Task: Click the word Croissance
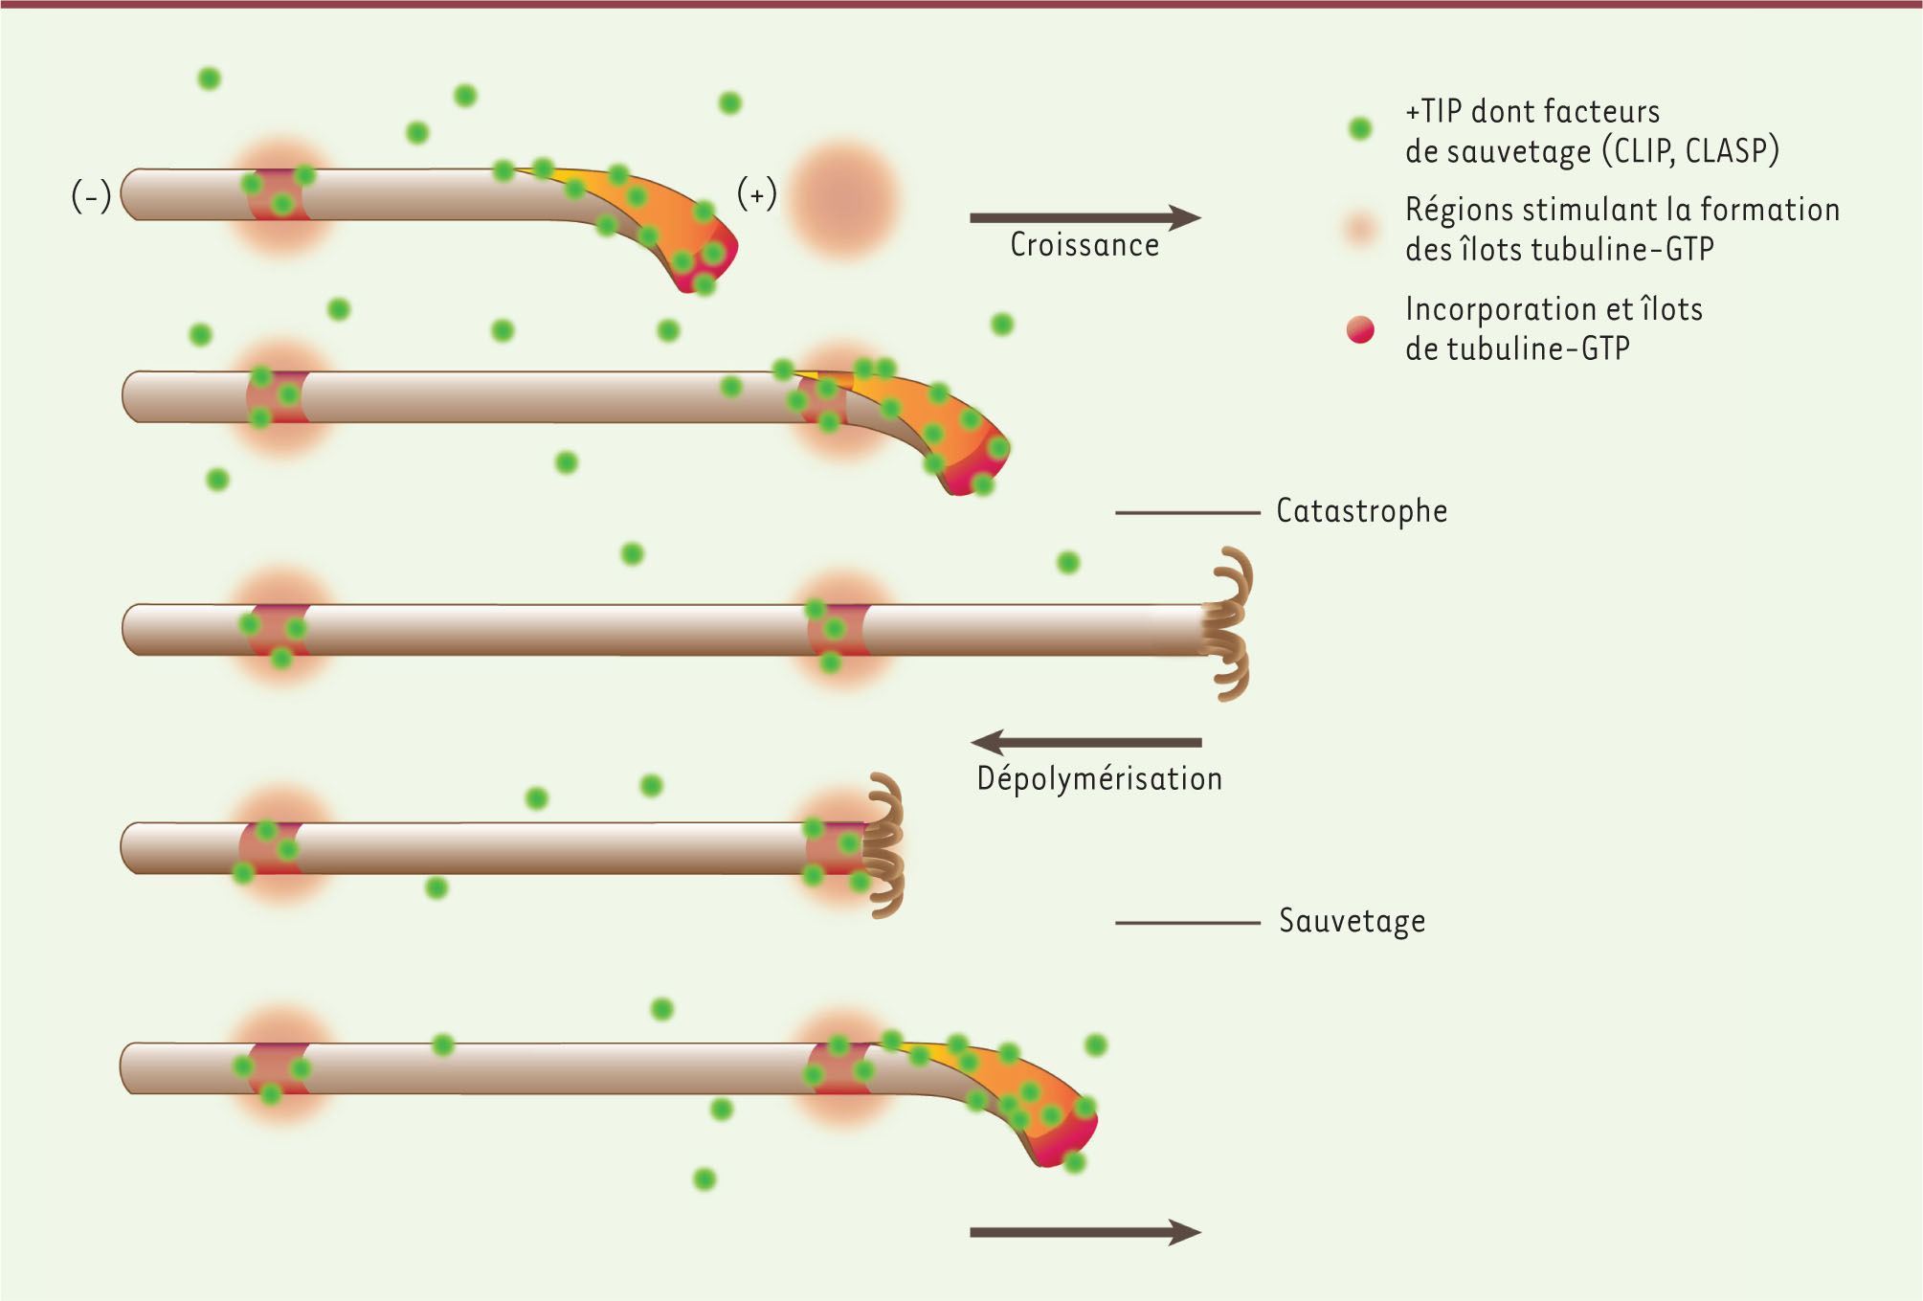click(1084, 245)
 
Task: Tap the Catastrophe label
click(1361, 511)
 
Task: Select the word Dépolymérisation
click(1099, 778)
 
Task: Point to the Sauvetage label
click(1352, 921)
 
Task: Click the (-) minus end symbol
click(91, 196)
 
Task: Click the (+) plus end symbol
click(756, 194)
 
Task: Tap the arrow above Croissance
click(1085, 218)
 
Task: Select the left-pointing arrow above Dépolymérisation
click(1085, 742)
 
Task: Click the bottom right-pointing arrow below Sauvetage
click(1085, 1233)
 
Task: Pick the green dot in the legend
click(1360, 128)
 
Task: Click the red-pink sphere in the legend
click(1360, 330)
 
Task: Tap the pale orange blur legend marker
click(1360, 230)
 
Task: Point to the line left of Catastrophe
click(1187, 513)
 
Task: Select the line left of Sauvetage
click(1187, 923)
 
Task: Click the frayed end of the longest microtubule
click(1226, 624)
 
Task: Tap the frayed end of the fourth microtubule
click(883, 844)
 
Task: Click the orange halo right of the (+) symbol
click(843, 199)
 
